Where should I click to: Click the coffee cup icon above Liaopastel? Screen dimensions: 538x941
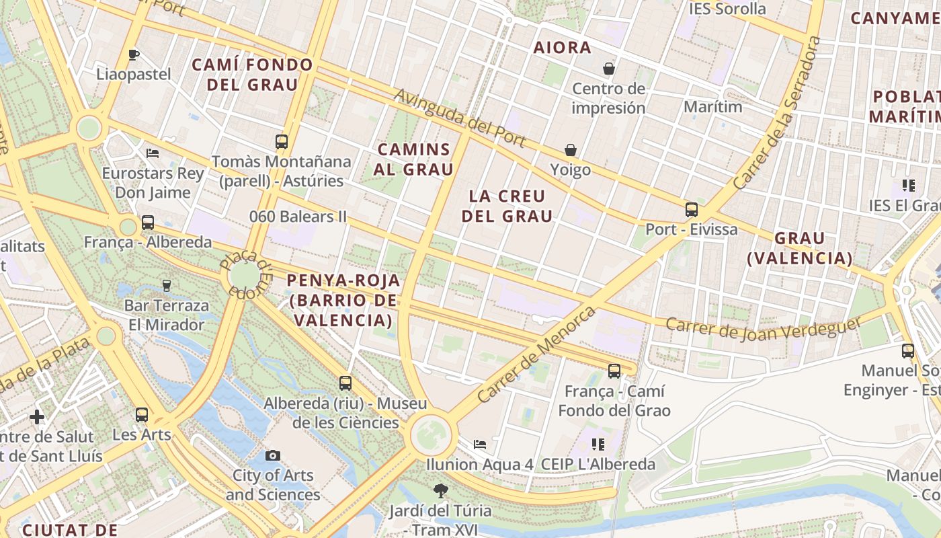[x=134, y=54]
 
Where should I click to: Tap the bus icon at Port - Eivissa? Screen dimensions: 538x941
[x=692, y=210]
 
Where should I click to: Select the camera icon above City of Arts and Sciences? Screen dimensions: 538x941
[x=272, y=455]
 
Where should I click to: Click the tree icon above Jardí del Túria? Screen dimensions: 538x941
[x=440, y=491]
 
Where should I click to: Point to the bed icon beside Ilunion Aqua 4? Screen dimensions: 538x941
[x=480, y=445]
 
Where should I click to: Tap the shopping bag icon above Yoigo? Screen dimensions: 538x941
[x=571, y=149]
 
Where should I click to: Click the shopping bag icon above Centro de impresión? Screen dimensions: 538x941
[x=609, y=69]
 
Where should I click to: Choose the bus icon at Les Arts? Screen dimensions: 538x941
[x=142, y=415]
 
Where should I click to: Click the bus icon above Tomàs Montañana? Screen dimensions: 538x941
[x=282, y=142]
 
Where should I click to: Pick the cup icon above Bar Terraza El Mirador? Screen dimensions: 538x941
[x=166, y=286]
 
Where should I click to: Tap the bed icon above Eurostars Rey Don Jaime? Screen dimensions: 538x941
[x=153, y=153]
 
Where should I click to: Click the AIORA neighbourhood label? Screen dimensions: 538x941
[x=563, y=48]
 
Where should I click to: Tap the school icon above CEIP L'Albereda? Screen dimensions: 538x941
[x=598, y=445]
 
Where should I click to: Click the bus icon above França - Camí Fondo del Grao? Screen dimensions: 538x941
[x=614, y=371]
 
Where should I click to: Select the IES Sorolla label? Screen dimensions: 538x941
[x=727, y=9]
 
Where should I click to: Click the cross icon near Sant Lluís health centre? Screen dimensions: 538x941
[x=37, y=417]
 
